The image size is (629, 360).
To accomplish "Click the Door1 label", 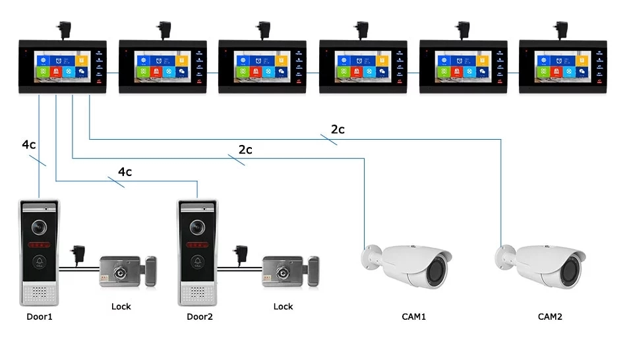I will [40, 316].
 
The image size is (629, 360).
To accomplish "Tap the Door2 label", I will [200, 316].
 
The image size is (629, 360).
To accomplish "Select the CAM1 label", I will [413, 316].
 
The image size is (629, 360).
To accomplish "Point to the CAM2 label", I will [549, 316].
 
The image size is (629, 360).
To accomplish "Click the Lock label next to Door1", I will [121, 306].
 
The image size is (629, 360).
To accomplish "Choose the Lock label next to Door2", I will [283, 306].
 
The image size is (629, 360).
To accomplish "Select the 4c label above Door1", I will [29, 144].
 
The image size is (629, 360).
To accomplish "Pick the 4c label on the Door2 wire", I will [125, 172].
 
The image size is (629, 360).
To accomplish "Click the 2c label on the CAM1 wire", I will [245, 150].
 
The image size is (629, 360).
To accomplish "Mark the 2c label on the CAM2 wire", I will [338, 130].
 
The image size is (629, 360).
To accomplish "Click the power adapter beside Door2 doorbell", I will [238, 253].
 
